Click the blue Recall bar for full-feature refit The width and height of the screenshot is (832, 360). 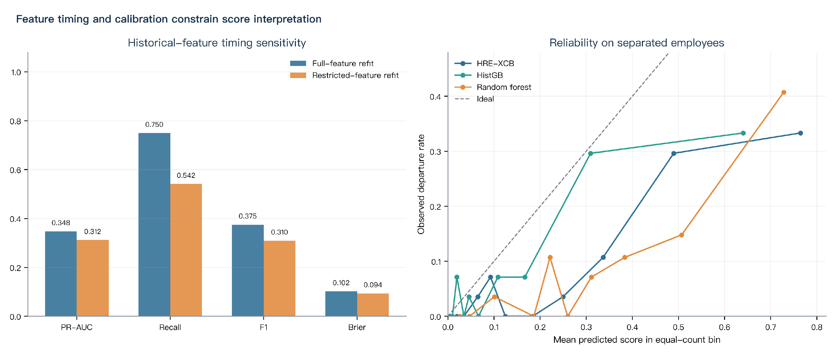coord(154,225)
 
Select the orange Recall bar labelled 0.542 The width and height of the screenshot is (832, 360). coord(186,250)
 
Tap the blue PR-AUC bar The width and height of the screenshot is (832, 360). coord(61,274)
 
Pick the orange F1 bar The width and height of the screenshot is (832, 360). coord(279,279)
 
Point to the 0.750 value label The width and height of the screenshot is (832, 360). coord(154,124)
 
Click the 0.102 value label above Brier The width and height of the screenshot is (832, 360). coord(341,283)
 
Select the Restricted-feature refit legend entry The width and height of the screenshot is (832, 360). coord(344,75)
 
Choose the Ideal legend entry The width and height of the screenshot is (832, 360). coord(474,99)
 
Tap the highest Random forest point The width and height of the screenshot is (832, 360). coord(784,92)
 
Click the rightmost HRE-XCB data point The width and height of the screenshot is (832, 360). coord(800,133)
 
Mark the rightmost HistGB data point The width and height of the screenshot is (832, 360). coord(743,133)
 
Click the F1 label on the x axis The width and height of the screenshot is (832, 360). coord(264,327)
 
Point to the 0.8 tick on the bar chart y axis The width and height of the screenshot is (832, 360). coord(15,121)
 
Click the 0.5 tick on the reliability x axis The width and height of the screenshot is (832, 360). coord(678,327)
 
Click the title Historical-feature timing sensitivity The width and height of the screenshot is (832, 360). coord(217,43)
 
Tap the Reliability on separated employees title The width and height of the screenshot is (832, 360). coord(637,43)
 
